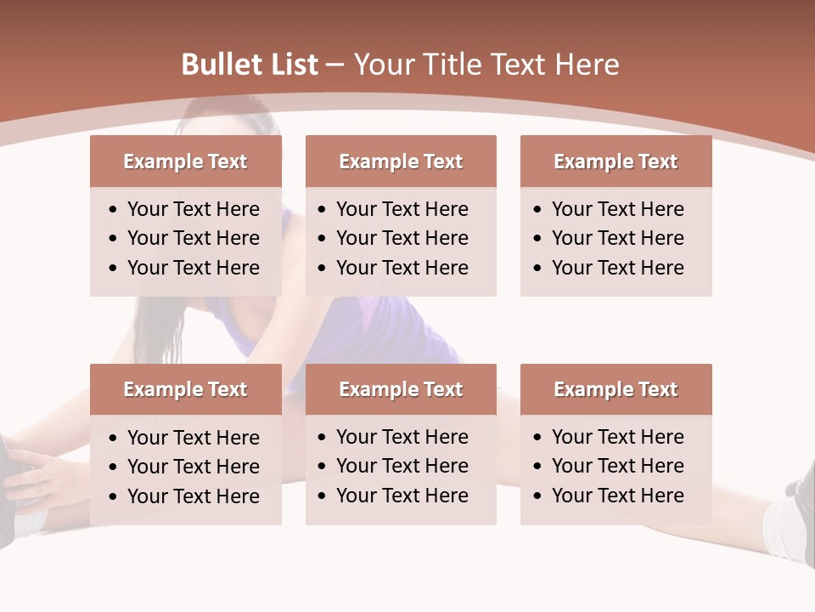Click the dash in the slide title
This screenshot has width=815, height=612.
335,65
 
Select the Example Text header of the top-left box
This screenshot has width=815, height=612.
185,161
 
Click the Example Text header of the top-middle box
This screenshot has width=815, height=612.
401,161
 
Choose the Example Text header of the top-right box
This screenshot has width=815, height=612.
615,161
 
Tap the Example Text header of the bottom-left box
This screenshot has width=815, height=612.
185,389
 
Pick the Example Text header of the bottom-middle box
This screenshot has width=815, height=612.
401,389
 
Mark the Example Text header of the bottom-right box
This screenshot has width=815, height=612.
615,389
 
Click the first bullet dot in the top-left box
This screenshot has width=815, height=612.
114,210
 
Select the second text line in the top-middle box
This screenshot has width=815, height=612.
402,238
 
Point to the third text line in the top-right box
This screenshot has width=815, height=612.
617,267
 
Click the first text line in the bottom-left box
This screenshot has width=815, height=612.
193,438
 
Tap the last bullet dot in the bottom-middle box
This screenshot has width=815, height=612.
322,496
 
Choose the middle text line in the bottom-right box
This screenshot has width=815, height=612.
617,466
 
